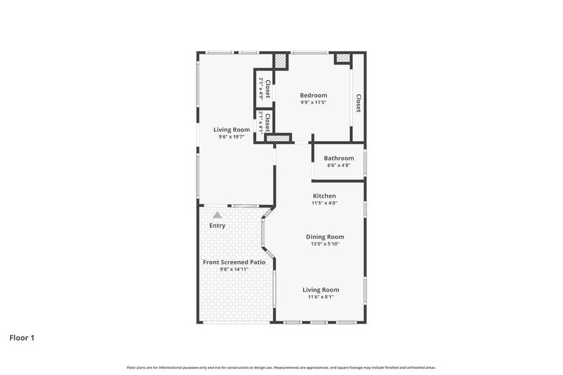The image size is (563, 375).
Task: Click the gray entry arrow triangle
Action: [217, 215]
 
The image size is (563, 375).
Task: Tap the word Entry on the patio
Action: [217, 226]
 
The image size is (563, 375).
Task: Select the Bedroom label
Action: [313, 96]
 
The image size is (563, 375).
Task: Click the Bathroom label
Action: [338, 158]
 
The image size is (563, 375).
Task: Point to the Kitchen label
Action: [325, 196]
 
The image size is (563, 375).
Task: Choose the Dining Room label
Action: [325, 237]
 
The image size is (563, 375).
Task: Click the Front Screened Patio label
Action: [234, 262]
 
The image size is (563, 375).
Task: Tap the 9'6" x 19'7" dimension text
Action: [231, 137]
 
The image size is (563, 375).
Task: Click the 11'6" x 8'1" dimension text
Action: [321, 297]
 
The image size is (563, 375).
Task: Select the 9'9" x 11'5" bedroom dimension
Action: [313, 102]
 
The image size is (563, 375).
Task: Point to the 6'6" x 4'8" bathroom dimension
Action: [338, 166]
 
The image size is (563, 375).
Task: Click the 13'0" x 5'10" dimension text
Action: [325, 244]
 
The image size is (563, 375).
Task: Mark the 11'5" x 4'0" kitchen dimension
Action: [325, 203]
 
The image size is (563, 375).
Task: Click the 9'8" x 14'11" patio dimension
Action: [234, 269]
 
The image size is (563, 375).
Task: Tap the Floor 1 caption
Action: [22, 337]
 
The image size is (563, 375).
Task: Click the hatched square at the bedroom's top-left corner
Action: [281, 61]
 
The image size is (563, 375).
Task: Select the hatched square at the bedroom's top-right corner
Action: [342, 57]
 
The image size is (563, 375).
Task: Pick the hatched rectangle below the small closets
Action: [278, 139]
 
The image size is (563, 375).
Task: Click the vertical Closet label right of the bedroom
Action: [358, 103]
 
